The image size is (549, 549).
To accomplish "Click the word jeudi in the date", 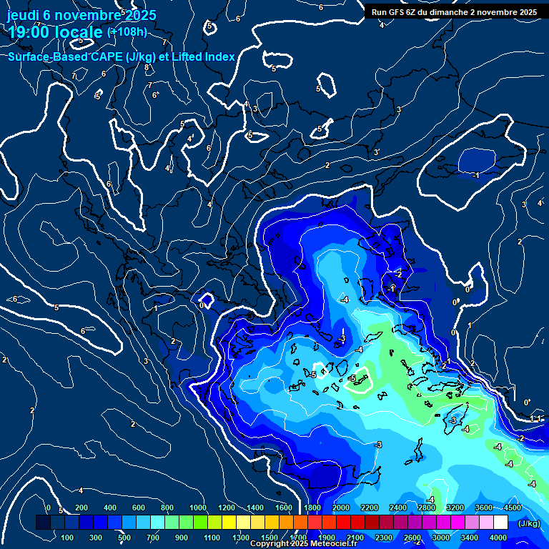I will tap(24, 15).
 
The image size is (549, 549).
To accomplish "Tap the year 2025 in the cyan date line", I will tap(141, 15).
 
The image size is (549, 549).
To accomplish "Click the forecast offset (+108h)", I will tap(127, 32).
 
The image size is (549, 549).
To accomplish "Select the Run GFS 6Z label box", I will tap(454, 12).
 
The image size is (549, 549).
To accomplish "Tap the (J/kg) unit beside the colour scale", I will tap(528, 523).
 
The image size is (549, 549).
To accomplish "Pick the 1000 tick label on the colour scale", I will tap(197, 508).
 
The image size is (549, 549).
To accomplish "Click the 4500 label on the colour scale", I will tap(511, 508).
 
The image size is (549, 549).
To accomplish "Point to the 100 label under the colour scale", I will tap(68, 537).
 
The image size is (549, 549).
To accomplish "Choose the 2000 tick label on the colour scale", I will tap(341, 508).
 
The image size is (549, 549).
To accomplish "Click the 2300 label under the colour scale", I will tap(384, 537).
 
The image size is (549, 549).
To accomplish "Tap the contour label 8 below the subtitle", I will tap(147, 68).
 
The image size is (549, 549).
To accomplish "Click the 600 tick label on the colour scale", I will tap(139, 508).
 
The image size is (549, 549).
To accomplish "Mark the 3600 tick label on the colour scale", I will tap(483, 508).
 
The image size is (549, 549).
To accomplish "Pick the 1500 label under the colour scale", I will tap(269, 537).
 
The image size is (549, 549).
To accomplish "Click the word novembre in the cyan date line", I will tap(87, 15).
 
